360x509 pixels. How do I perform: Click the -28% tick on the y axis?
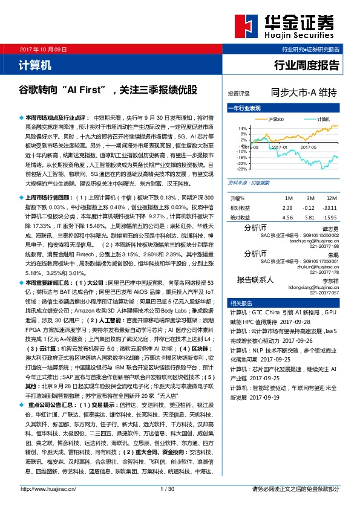[241, 169]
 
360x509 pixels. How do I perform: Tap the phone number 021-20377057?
[326, 292]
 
